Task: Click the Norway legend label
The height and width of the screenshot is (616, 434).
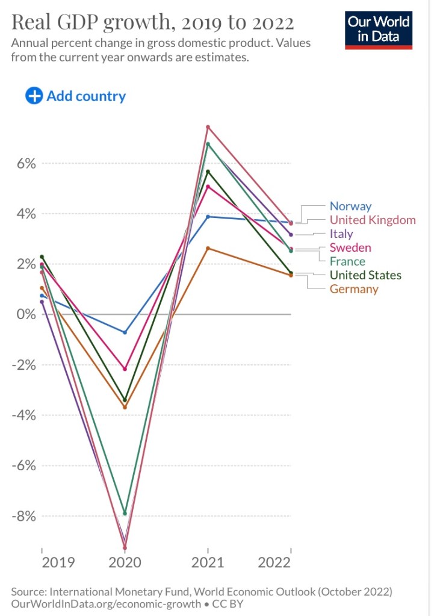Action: (x=350, y=207)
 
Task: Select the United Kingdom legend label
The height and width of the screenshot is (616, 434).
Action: (x=372, y=220)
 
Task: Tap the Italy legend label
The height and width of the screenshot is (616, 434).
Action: (x=341, y=234)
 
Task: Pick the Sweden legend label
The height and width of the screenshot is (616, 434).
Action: (x=350, y=247)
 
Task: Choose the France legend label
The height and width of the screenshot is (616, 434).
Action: (x=347, y=261)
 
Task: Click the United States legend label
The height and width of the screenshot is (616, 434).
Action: (x=365, y=275)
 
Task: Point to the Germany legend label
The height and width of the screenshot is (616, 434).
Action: (x=354, y=289)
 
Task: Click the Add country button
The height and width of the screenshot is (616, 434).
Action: (x=76, y=96)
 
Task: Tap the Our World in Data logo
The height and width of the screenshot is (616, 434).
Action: (x=379, y=29)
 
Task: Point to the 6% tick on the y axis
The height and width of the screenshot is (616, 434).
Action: (x=22, y=164)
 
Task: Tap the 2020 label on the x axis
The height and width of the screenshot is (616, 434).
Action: (x=125, y=563)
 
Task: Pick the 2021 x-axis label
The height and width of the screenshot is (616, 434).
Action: (x=208, y=563)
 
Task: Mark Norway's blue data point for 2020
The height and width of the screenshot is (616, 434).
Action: (x=125, y=332)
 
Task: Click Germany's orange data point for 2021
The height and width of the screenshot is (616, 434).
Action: (x=208, y=248)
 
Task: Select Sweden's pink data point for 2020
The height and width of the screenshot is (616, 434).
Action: (x=125, y=369)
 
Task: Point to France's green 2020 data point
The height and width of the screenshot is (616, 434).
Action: (x=125, y=514)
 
